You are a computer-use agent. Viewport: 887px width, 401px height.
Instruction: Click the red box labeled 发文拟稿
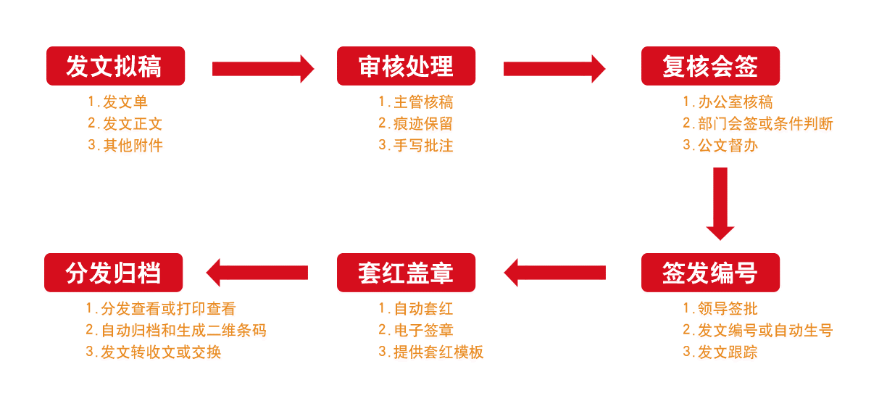tap(115, 66)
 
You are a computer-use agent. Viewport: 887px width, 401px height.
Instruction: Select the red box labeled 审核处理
tap(406, 66)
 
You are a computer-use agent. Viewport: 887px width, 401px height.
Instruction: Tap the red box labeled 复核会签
tap(710, 66)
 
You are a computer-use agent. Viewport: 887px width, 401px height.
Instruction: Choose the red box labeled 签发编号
tap(710, 273)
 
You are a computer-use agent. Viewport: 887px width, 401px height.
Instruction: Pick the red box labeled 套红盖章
tap(406, 273)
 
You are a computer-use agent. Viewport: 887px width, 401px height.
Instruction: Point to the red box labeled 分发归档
tap(113, 273)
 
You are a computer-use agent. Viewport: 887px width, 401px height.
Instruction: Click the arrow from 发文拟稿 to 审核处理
tap(262, 69)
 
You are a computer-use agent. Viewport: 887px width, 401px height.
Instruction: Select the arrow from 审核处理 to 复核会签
tap(554, 69)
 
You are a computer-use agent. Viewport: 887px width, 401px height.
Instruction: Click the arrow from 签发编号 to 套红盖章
tap(554, 273)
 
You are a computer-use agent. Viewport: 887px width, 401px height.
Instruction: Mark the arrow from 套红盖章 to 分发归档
tap(257, 273)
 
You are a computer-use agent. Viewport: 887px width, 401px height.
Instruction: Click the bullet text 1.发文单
tap(117, 102)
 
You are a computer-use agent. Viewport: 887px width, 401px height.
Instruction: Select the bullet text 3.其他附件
tap(125, 145)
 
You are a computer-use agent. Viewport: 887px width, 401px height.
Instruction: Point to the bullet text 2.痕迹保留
tap(415, 123)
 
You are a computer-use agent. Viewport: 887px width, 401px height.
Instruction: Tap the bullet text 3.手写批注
tap(415, 145)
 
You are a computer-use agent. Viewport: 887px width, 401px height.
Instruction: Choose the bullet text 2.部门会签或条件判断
tap(758, 123)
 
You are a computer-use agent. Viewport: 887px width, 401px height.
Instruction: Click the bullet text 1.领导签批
tap(720, 309)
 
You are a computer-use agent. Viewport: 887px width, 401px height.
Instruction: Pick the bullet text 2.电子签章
tap(415, 331)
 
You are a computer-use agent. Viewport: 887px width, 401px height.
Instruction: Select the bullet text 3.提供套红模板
tap(430, 352)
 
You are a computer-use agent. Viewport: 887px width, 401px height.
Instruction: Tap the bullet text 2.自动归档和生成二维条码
tap(176, 331)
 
